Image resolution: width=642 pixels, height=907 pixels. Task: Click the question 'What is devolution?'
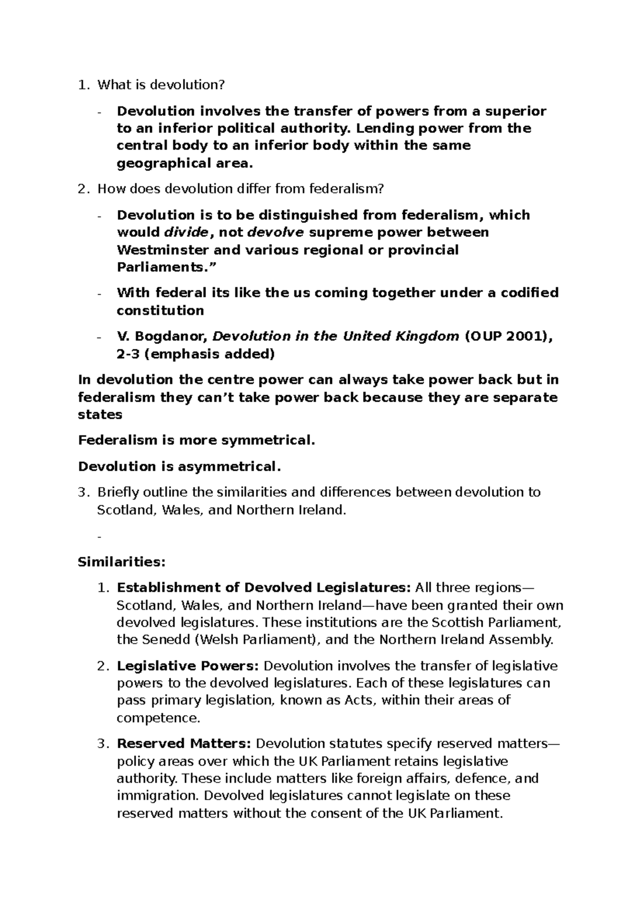[x=161, y=84]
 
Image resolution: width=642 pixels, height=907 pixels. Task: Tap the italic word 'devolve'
[x=277, y=232]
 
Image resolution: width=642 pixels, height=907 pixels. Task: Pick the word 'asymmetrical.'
[x=228, y=466]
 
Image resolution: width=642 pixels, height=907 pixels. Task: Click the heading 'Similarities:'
[x=122, y=562]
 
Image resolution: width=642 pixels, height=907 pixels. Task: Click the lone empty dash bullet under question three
[x=100, y=536]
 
